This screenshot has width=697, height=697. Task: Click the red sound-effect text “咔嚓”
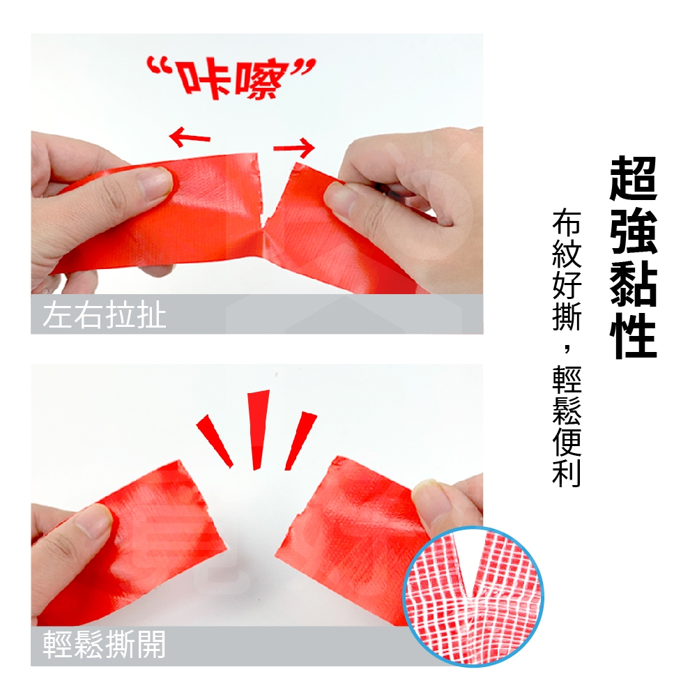pyautogui.click(x=231, y=78)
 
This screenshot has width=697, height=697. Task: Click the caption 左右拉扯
pyautogui.click(x=105, y=315)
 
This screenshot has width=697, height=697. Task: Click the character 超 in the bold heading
pyautogui.click(x=633, y=178)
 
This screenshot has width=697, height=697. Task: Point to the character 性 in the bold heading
pyautogui.click(x=633, y=336)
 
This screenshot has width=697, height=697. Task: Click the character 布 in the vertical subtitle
pyautogui.click(x=567, y=222)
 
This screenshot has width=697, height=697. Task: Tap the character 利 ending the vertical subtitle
pyautogui.click(x=567, y=473)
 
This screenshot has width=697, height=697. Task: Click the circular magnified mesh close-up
pyautogui.click(x=473, y=596)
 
